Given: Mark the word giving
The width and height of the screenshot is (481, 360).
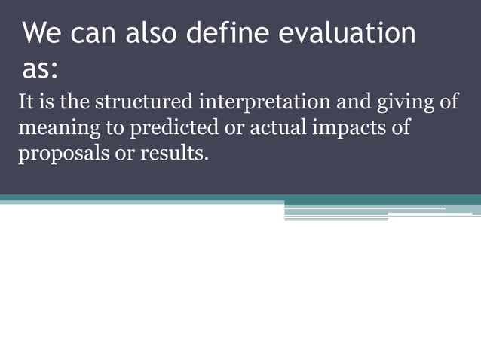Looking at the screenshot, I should coord(408,103).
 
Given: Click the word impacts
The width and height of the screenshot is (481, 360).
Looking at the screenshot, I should coord(344,128).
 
